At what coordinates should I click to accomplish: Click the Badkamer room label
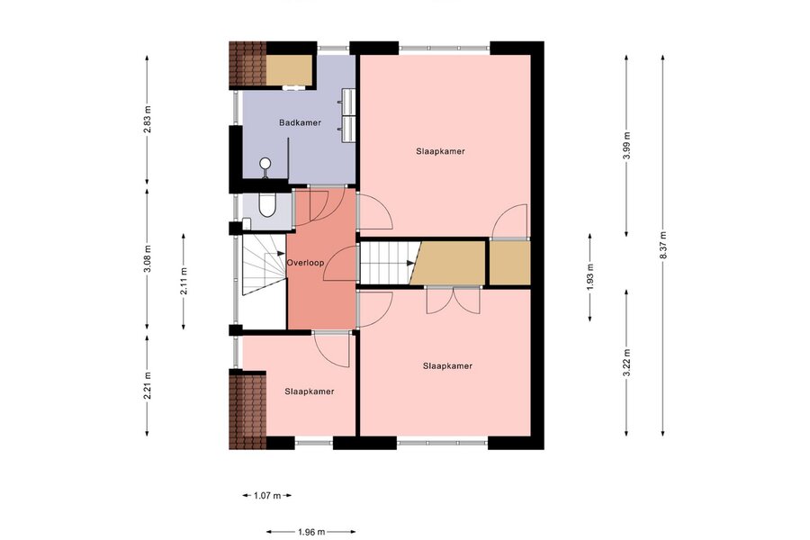coord(300,122)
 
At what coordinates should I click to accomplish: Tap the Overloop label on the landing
coord(305,263)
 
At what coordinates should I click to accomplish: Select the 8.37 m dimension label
coord(662,246)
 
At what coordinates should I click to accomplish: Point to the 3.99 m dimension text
coord(626,146)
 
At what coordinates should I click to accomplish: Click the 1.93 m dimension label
coord(589,277)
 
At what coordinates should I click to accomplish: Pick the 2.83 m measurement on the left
coord(148,120)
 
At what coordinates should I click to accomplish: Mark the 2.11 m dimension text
coord(184,282)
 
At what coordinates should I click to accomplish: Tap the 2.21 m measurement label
coord(148,385)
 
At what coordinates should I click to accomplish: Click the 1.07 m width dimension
coord(267,496)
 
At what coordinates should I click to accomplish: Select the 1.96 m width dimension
coord(311,531)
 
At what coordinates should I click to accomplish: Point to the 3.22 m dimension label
coord(626,363)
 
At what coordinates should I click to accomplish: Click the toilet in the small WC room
coord(267,205)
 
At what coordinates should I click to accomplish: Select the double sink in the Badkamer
coord(347,114)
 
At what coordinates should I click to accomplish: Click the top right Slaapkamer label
coord(441,151)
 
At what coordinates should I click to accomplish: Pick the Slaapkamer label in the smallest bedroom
coord(310,391)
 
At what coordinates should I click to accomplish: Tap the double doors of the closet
coord(453,300)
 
